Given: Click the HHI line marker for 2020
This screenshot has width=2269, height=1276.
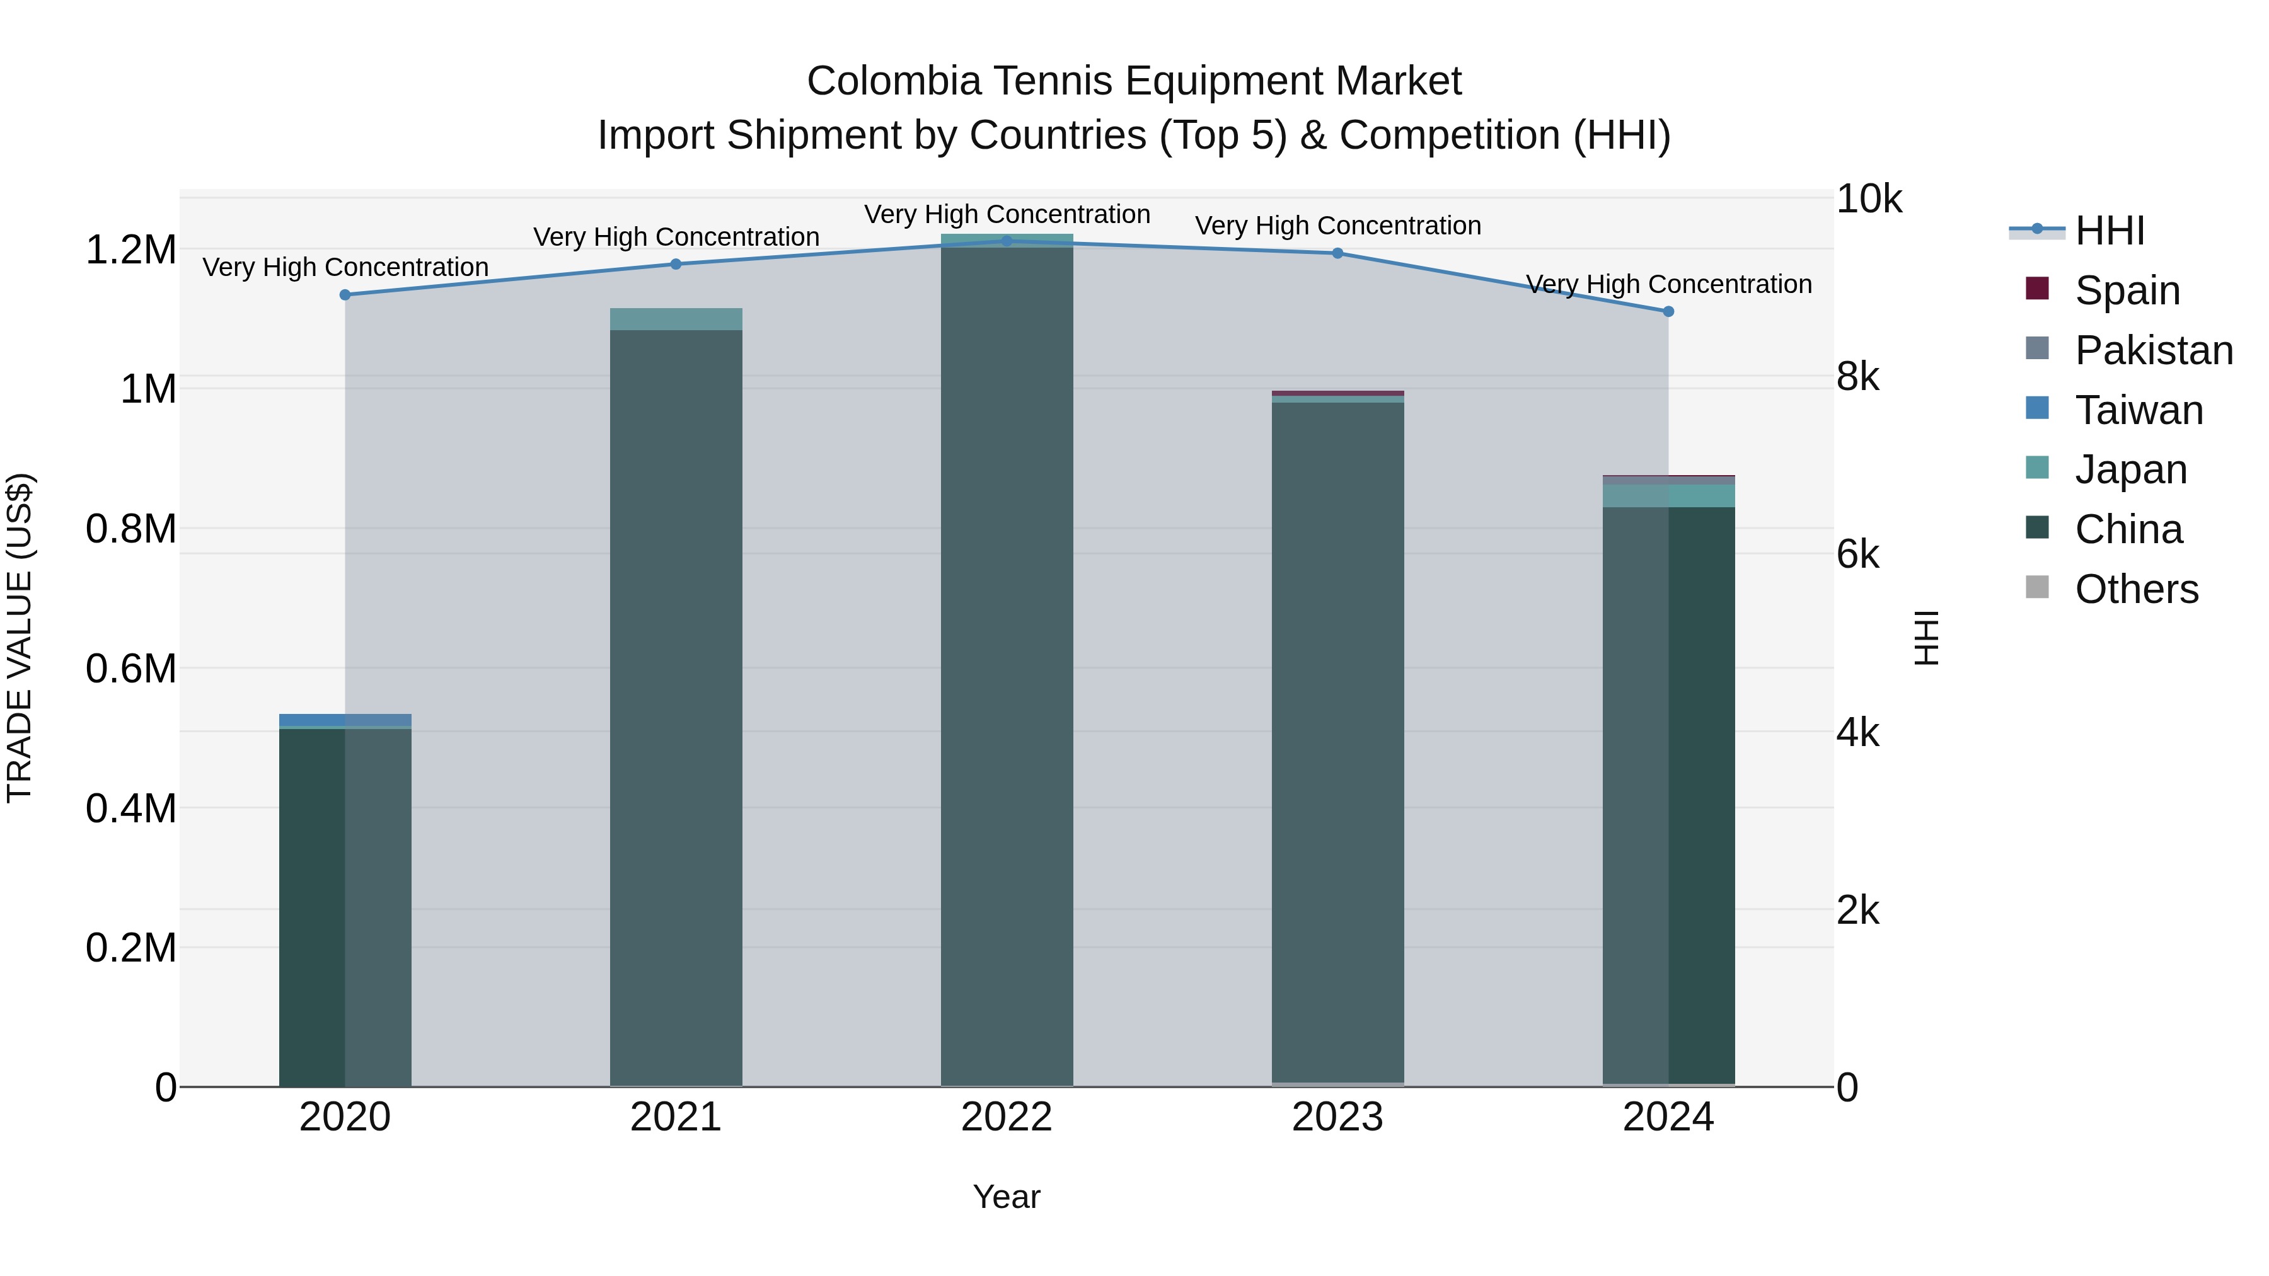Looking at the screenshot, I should tap(345, 295).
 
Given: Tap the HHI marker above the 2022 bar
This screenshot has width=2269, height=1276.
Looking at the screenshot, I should tap(1007, 241).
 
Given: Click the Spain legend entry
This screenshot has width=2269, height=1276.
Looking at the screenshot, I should tap(2127, 290).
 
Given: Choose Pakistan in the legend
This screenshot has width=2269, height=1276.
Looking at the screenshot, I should tap(2153, 350).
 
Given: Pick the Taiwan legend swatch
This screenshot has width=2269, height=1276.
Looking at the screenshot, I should tap(2037, 408).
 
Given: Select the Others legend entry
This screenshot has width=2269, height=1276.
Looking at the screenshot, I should tap(2135, 589).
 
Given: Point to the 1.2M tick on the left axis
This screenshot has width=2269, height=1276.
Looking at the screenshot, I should tap(131, 250).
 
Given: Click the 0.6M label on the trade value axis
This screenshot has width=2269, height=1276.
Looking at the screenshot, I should tap(131, 669).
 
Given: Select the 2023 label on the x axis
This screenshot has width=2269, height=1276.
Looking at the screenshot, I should tap(1337, 1117).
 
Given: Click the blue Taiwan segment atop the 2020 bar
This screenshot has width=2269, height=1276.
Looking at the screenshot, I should tap(345, 720).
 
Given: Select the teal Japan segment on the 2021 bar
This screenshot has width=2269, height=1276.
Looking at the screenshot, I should tap(676, 319).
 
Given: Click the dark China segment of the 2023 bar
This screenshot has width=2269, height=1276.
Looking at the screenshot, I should tap(1337, 740).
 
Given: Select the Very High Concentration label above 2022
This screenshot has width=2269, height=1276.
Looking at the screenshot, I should tap(1007, 215).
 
